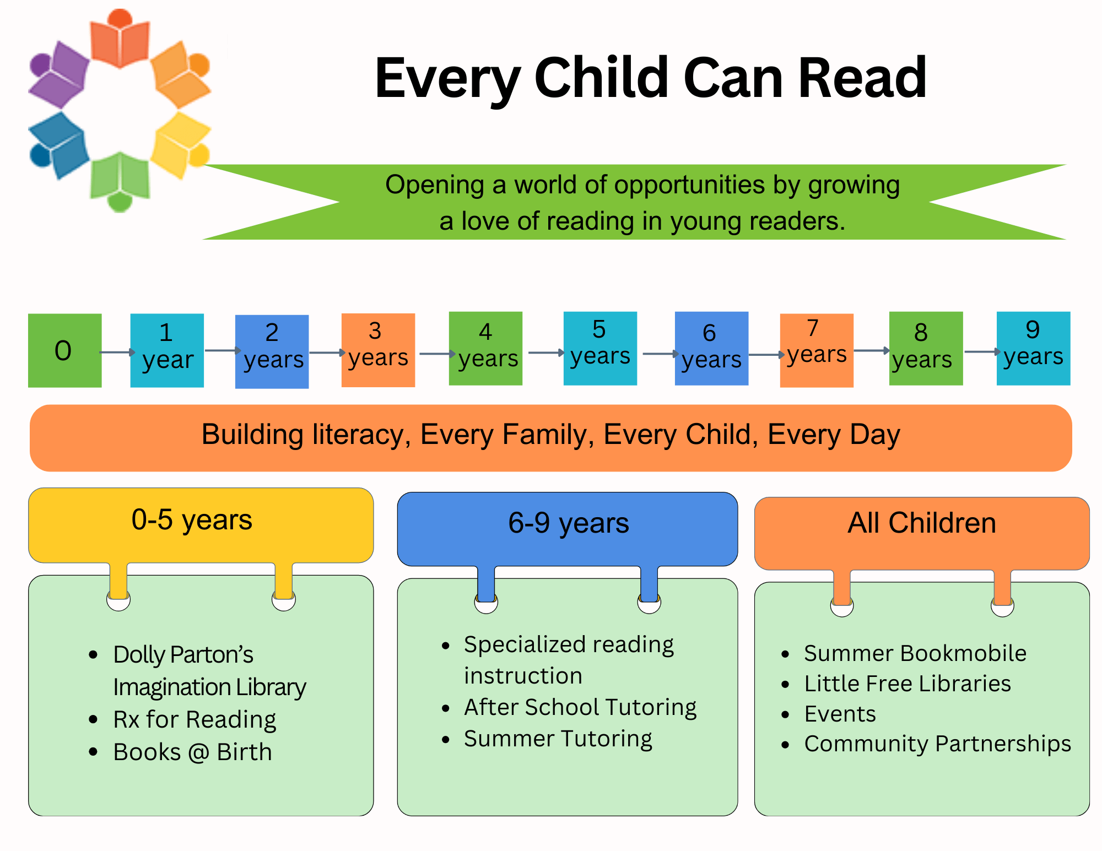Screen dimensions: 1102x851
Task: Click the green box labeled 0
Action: click(x=65, y=350)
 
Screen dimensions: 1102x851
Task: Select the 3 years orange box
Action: click(x=378, y=350)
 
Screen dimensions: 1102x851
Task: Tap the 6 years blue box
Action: click(x=711, y=348)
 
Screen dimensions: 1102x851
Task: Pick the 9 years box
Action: click(x=1033, y=348)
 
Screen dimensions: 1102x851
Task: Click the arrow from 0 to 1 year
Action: click(x=117, y=352)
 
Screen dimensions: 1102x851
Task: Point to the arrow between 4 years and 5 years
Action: click(x=546, y=353)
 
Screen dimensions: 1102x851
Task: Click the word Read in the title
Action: click(x=862, y=78)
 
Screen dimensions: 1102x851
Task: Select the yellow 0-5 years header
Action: click(x=201, y=525)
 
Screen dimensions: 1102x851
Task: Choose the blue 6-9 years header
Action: click(x=568, y=529)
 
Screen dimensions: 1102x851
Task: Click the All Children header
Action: click(x=922, y=533)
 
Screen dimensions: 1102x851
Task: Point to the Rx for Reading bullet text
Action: click(x=195, y=720)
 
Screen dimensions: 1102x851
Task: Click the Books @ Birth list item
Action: click(x=193, y=752)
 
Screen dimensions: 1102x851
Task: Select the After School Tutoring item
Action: click(x=580, y=708)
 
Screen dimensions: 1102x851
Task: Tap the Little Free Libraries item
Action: click(x=907, y=684)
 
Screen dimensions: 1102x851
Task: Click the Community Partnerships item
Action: click(x=938, y=744)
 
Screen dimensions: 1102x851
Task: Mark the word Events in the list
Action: click(x=840, y=714)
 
